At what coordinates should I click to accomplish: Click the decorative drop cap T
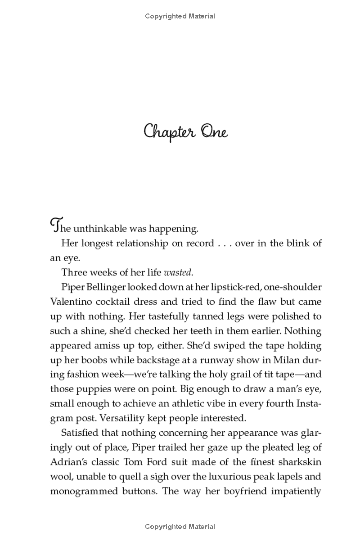(55, 225)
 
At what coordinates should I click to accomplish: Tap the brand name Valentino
(72, 302)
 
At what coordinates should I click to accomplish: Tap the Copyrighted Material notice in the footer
(180, 527)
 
